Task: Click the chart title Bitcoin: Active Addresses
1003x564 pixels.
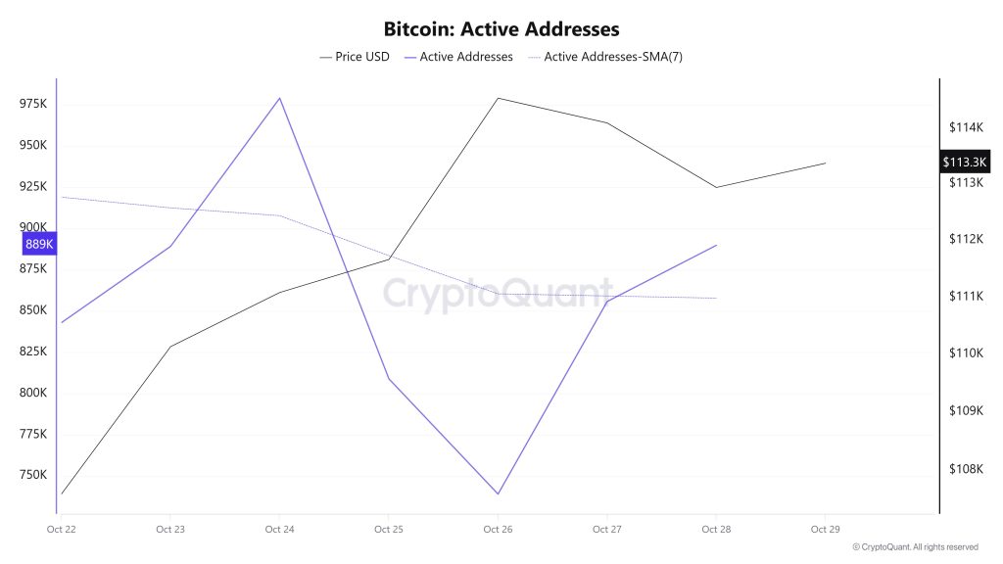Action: tap(501, 29)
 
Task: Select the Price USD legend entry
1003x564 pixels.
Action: tap(355, 57)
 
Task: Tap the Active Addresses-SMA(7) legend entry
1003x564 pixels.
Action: tap(605, 57)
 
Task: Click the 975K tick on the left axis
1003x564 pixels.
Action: tap(33, 104)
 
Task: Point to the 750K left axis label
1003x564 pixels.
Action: tap(33, 475)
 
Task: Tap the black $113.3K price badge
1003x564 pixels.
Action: tap(966, 162)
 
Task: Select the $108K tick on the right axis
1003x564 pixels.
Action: tap(965, 468)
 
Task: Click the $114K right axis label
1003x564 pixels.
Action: tap(965, 127)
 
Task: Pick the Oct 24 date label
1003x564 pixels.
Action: tap(280, 530)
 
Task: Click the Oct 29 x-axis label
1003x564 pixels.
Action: tap(826, 530)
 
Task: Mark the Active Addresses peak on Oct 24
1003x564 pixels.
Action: tap(280, 98)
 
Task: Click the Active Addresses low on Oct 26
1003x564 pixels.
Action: tap(499, 493)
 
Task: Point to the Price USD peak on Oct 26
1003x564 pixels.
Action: tap(499, 98)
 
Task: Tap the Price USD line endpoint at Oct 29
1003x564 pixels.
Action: tap(826, 163)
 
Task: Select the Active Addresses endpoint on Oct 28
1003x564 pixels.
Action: tap(717, 245)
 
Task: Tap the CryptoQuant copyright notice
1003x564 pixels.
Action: tap(915, 547)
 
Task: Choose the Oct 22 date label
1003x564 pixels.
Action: tap(61, 530)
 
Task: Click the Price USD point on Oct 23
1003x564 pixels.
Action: tap(170, 347)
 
